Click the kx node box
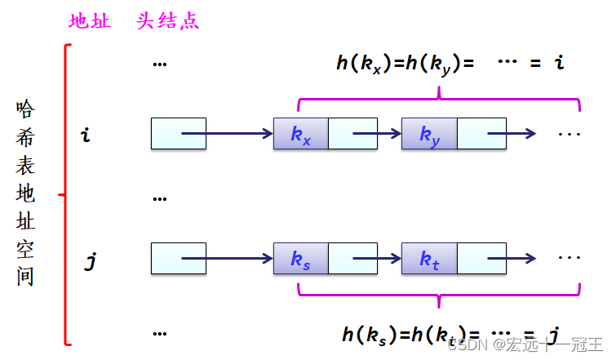click(301, 134)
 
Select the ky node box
click(429, 134)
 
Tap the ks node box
click(301, 259)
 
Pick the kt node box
click(429, 259)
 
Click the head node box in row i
click(178, 134)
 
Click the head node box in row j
click(178, 259)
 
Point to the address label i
click(86, 135)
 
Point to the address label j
click(91, 261)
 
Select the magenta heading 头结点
click(168, 22)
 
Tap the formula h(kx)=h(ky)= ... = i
click(450, 63)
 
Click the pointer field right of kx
click(352, 134)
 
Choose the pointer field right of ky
click(481, 134)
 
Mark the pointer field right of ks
click(352, 259)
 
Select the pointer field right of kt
click(481, 259)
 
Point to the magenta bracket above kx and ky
click(440, 100)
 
